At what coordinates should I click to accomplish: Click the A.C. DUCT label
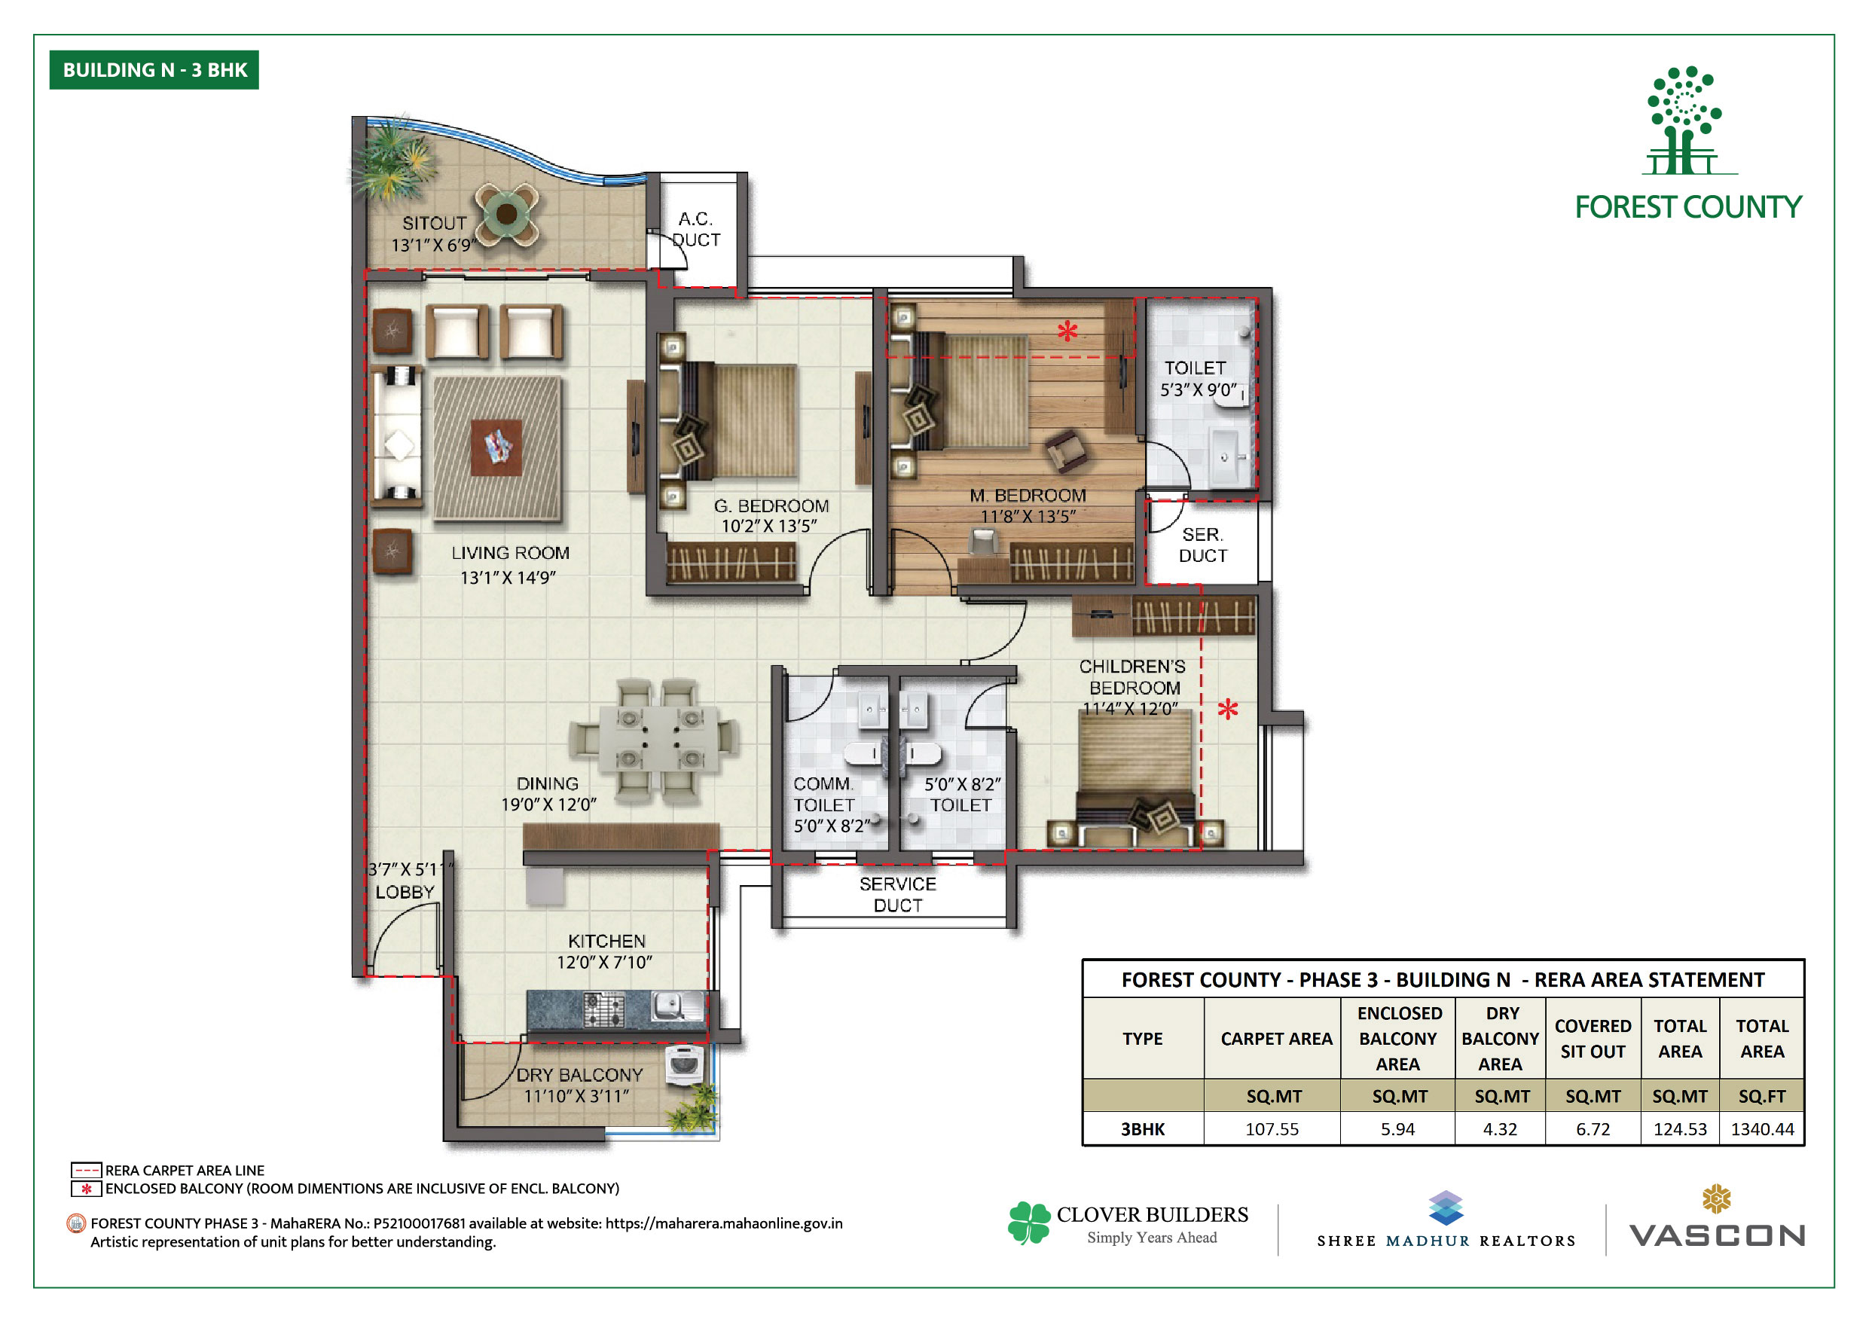click(x=696, y=230)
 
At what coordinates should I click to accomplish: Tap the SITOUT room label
click(x=435, y=223)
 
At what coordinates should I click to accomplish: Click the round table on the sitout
click(x=506, y=214)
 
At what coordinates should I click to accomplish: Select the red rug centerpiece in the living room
click(x=496, y=447)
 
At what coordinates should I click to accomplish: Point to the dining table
click(x=658, y=739)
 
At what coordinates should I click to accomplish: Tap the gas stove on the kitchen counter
click(x=604, y=1009)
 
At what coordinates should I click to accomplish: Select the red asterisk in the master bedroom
click(x=1067, y=331)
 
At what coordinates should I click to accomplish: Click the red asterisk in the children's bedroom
click(x=1228, y=708)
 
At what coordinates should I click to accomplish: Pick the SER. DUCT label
click(x=1202, y=545)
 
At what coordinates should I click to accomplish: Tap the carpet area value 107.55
click(x=1272, y=1129)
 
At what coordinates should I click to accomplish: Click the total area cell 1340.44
click(x=1761, y=1129)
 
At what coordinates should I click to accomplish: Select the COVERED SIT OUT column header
click(x=1593, y=1039)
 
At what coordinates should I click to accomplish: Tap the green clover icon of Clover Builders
click(x=1030, y=1223)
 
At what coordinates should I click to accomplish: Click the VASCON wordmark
click(x=1717, y=1235)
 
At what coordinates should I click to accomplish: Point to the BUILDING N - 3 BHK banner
click(x=154, y=70)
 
